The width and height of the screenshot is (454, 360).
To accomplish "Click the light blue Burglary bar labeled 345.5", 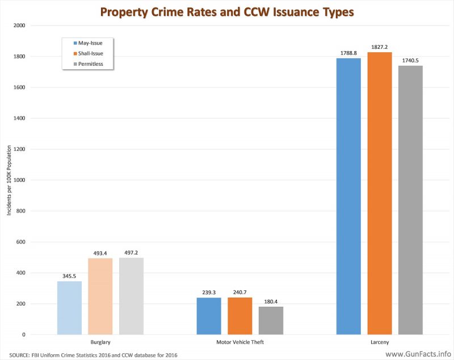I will click(x=69, y=308).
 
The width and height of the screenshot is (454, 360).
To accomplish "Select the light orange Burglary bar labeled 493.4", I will click(x=100, y=297).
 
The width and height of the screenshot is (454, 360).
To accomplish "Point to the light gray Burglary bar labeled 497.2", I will click(x=131, y=296).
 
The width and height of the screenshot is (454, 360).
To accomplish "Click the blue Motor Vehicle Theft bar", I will click(x=209, y=316).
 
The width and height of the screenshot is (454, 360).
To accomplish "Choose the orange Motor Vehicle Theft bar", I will click(x=240, y=316).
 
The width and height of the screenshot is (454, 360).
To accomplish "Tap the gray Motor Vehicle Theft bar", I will click(x=271, y=320).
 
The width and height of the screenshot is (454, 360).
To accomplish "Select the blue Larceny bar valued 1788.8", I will click(x=348, y=196).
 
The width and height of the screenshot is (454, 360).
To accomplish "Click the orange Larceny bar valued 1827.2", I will click(x=380, y=193).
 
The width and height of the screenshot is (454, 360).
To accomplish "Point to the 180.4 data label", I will click(x=271, y=302).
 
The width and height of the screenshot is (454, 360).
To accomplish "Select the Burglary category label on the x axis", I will click(x=100, y=342).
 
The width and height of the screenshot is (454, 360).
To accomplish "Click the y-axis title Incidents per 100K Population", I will click(x=9, y=180).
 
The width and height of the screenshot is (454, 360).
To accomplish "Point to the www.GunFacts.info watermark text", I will click(x=418, y=354).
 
